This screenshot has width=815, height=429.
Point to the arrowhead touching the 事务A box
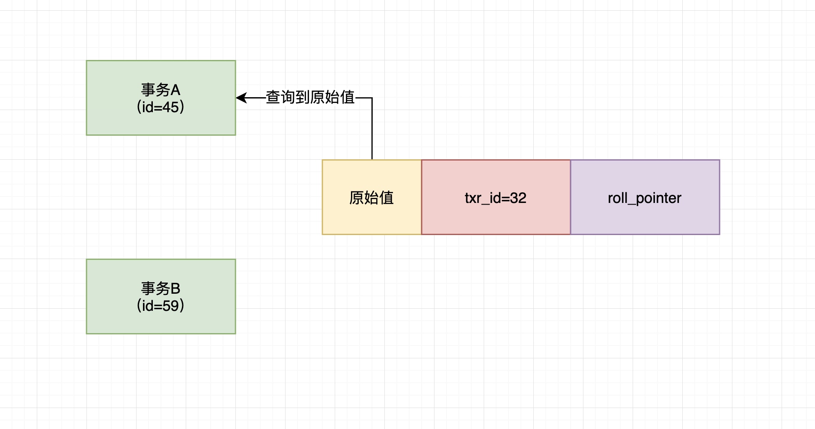click(x=241, y=98)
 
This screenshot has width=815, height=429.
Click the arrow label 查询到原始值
click(x=310, y=98)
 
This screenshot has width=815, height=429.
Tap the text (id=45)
click(x=161, y=107)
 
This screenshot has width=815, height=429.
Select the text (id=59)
click(x=161, y=306)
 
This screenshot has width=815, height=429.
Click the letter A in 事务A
click(x=175, y=90)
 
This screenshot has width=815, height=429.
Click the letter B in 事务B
click(x=175, y=289)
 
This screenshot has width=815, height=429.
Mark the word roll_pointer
click(x=645, y=198)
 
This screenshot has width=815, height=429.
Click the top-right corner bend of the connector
click(x=372, y=98)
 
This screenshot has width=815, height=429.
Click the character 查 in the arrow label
click(x=273, y=98)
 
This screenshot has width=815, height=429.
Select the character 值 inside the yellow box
click(x=386, y=198)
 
